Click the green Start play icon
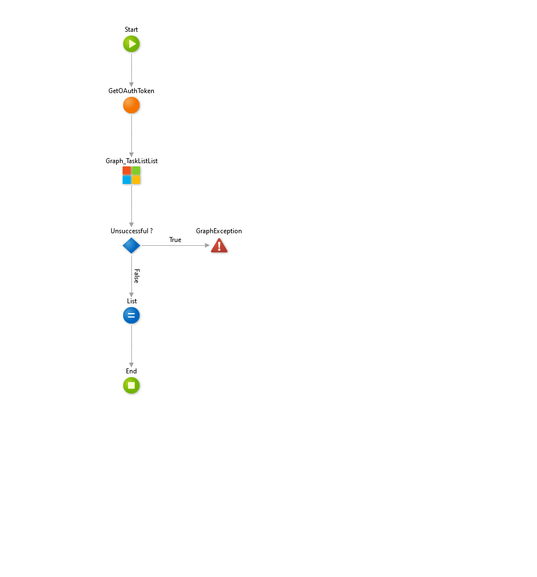point(131,44)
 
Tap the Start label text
point(131,30)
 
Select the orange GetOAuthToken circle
point(131,105)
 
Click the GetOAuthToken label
point(131,91)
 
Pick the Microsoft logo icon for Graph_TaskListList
point(131,175)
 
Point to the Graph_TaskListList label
point(131,161)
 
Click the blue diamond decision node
point(131,245)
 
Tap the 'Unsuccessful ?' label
point(131,231)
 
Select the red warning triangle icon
point(219,245)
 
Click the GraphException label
point(219,231)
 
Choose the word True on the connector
point(175,240)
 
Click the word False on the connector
point(136,275)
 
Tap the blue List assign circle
point(131,315)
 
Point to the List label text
point(131,301)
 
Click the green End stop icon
point(131,385)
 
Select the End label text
point(131,371)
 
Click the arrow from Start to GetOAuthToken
point(131,68)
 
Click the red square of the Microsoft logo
point(127,171)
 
